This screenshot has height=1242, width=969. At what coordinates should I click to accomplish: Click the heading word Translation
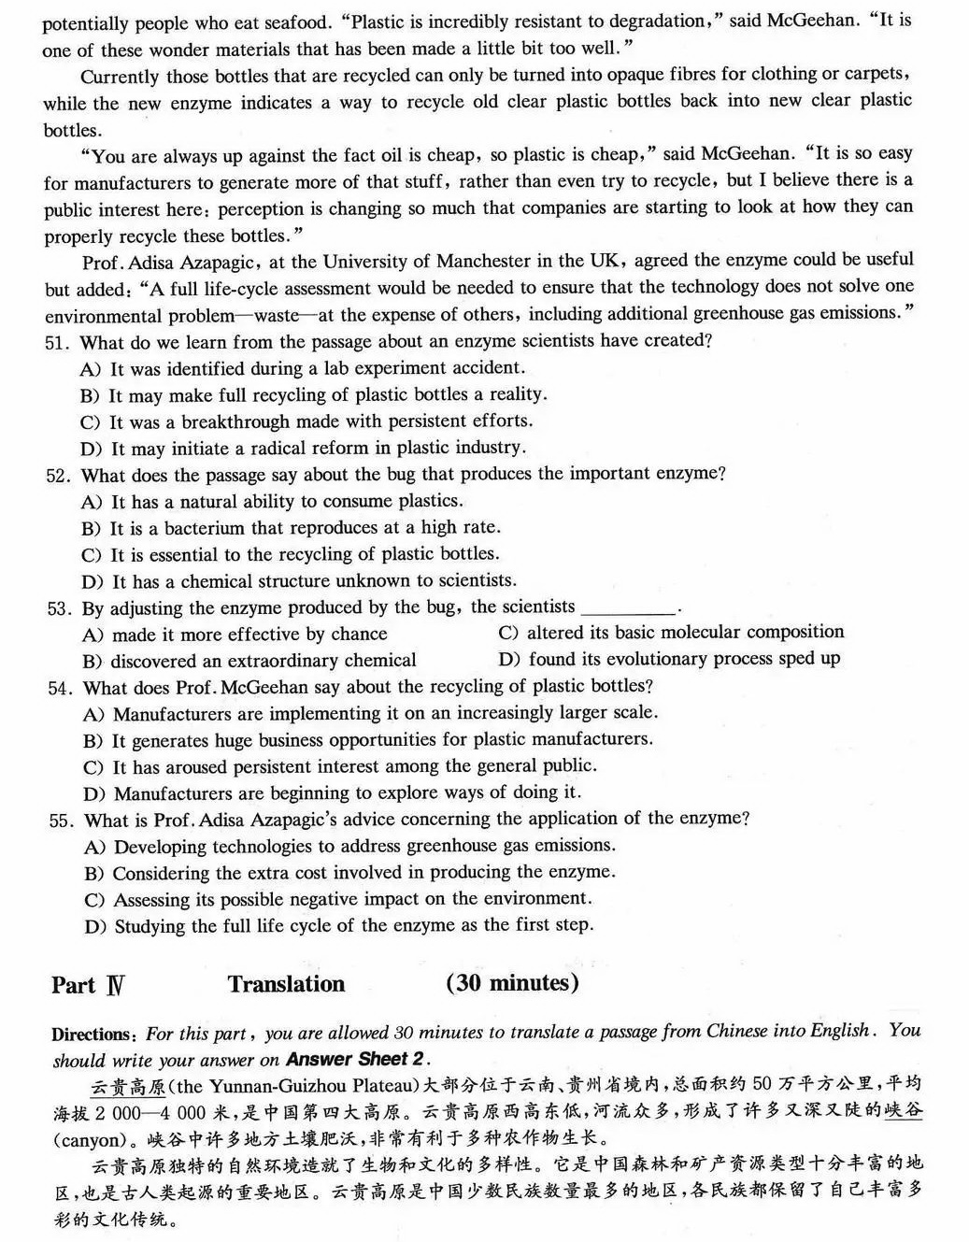point(286,984)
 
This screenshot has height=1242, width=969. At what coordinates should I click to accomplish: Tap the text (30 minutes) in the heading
point(512,983)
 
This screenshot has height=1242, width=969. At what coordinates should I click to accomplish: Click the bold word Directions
point(94,1035)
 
